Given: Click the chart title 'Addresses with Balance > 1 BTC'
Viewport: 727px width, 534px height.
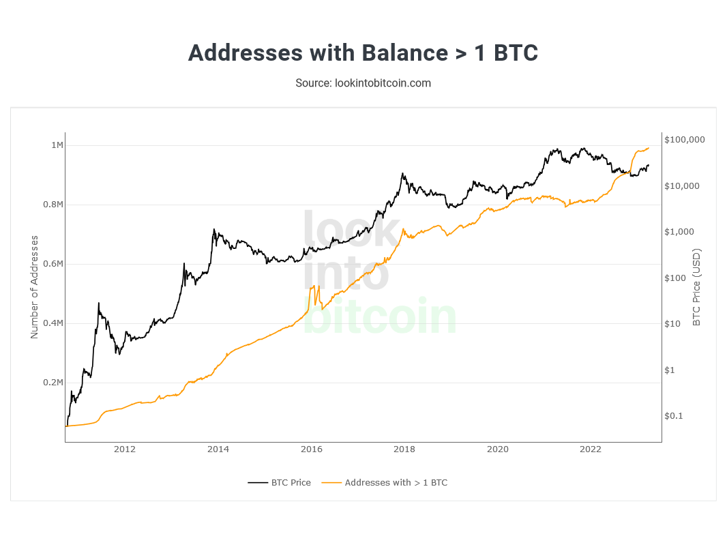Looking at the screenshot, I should [363, 53].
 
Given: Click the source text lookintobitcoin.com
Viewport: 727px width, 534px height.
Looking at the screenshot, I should [363, 83].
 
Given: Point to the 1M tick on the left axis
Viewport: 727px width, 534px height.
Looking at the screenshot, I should [57, 145].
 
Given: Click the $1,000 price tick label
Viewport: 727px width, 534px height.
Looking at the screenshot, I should [679, 232].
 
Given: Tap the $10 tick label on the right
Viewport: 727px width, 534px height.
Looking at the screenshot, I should [674, 324].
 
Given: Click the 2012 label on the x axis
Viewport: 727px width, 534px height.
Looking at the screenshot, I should [125, 449].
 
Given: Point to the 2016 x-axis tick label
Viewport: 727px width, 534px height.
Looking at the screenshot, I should [311, 449].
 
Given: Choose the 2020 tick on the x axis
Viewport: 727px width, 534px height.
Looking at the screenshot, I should [498, 449].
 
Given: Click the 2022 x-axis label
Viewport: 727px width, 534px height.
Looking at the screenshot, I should [590, 449].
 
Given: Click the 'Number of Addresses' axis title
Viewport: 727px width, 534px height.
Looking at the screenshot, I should [34, 287].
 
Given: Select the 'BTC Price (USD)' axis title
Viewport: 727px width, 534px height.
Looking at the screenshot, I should [696, 287].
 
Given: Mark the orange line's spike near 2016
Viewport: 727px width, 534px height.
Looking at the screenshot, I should [314, 286].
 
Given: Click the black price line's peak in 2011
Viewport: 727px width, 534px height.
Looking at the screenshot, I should [99, 303].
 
